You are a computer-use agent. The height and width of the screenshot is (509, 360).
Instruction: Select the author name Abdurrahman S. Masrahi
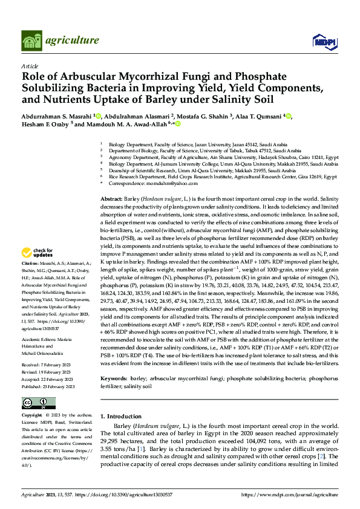(x=56, y=116)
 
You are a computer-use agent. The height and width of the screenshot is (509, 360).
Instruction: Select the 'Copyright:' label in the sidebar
(x=32, y=416)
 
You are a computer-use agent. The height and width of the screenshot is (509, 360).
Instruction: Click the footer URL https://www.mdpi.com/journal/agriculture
(x=289, y=494)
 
